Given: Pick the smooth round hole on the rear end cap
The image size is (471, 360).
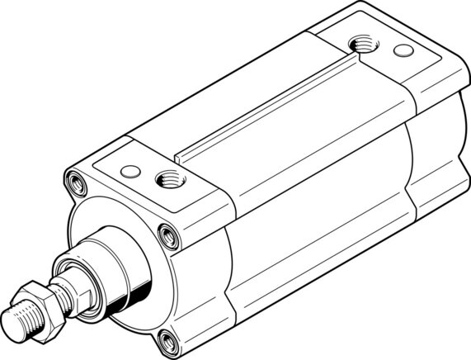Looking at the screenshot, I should coord(403,50).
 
